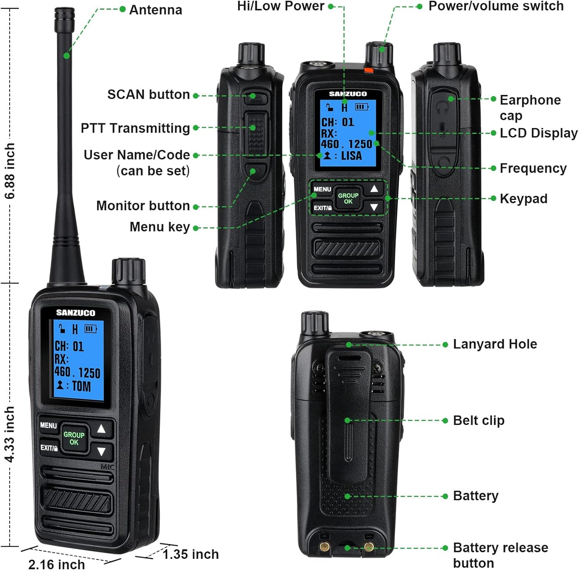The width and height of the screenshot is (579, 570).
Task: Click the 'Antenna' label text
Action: pos(155,10)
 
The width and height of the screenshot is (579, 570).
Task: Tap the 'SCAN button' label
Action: pos(148,95)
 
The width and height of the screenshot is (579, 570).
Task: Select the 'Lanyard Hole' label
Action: pos(495,344)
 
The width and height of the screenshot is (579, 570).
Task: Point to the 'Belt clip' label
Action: pos(478,421)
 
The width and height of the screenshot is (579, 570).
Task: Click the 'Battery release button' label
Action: pos(500,555)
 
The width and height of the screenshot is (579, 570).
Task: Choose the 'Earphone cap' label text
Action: pos(530,107)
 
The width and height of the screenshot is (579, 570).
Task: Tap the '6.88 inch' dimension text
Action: pos(10,171)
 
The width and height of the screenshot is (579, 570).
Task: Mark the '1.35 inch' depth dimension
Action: pos(191,554)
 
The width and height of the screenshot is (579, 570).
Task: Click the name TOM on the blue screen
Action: pos(81,386)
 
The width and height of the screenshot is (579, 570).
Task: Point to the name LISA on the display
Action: pos(351,156)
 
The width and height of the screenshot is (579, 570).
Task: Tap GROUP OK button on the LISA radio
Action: pos(348,199)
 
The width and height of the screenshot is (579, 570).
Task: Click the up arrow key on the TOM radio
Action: pos(101,429)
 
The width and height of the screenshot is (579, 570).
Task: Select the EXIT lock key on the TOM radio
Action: pos(49,448)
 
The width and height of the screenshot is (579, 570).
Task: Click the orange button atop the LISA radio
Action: pos(368,70)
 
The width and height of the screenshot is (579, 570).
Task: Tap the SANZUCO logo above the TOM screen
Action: pos(75,313)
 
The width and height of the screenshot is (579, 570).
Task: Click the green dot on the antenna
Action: pos(67,56)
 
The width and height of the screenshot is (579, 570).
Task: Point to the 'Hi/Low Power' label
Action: pos(280,6)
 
